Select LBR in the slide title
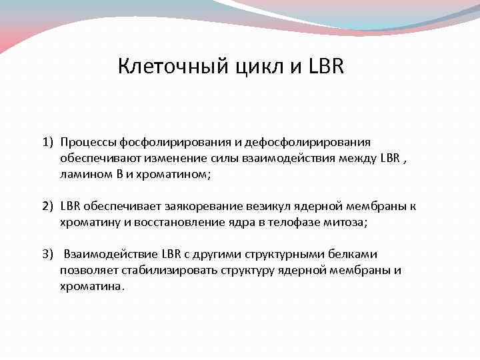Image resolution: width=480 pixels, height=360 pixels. [326, 67]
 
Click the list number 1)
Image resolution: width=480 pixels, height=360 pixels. [48, 141]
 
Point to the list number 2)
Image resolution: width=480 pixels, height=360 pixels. [48, 206]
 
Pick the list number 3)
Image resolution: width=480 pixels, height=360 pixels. [48, 254]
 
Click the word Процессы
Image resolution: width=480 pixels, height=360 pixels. [86, 141]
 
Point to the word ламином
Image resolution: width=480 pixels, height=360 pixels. [83, 173]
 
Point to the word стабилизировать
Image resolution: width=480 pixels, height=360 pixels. [163, 270]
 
